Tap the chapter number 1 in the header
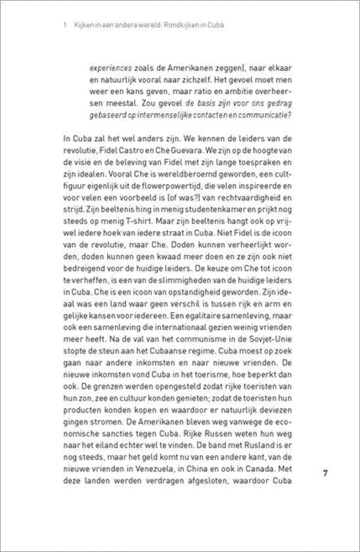(x=60, y=25)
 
